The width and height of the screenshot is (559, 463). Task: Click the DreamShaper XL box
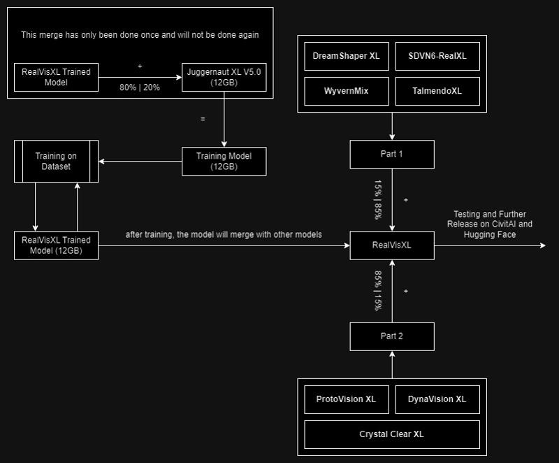tap(346, 56)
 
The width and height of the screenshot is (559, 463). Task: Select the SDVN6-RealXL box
tap(437, 56)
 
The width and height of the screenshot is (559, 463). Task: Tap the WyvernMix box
tap(346, 91)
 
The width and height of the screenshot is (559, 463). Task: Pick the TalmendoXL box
tap(437, 91)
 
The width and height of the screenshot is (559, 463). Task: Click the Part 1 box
tap(392, 154)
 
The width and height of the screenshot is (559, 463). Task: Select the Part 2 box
tap(392, 336)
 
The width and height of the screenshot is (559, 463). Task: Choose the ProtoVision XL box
tap(346, 399)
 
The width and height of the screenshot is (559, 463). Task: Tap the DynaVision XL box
tap(437, 399)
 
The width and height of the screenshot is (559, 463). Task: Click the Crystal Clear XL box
tap(392, 434)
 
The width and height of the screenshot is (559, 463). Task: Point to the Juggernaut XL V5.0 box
tap(224, 77)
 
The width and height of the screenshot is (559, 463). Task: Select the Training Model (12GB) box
tap(224, 162)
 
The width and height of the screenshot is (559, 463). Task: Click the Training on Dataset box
tap(56, 162)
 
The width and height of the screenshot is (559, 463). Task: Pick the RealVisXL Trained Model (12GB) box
tap(56, 245)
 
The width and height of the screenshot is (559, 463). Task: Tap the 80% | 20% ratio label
tap(140, 87)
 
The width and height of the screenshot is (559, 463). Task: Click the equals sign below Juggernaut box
tap(203, 119)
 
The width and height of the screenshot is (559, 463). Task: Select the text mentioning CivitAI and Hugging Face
tap(490, 224)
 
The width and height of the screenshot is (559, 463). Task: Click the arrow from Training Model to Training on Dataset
tap(140, 162)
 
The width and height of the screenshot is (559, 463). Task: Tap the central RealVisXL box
tap(392, 245)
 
